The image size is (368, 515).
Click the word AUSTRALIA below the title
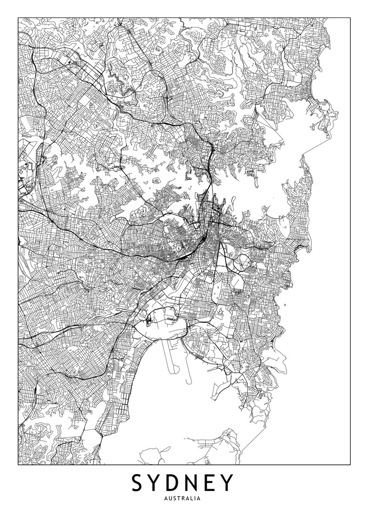184,499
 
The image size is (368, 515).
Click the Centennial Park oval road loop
239,262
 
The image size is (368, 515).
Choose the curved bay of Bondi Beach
306,251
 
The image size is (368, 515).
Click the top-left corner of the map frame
18,18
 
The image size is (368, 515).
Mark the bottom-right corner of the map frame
350,464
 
